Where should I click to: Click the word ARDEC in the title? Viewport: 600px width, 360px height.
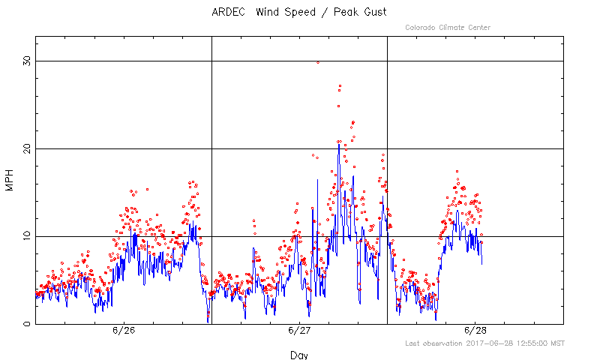click(x=229, y=12)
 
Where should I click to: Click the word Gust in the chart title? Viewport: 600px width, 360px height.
click(x=376, y=12)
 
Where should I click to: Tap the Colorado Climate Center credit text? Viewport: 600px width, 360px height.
click(x=448, y=28)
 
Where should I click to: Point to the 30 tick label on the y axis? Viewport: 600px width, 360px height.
click(x=27, y=61)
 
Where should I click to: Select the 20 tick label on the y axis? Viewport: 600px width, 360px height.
click(x=27, y=148)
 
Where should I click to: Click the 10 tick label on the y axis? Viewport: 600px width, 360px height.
click(x=27, y=236)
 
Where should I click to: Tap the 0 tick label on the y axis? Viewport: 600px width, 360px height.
click(x=27, y=324)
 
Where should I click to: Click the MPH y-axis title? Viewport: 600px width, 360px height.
click(x=9, y=180)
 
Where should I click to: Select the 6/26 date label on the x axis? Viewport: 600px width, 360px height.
click(x=124, y=331)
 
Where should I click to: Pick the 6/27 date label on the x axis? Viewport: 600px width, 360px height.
click(x=299, y=331)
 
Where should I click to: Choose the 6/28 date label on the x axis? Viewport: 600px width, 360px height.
click(x=475, y=331)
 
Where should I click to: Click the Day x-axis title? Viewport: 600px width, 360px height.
click(x=299, y=355)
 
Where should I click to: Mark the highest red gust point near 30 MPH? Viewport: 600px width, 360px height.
click(x=318, y=62)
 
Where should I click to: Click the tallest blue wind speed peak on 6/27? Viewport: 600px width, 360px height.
click(x=339, y=145)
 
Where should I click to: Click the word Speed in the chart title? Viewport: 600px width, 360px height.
click(x=300, y=12)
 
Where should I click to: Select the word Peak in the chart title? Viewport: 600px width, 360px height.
click(x=346, y=12)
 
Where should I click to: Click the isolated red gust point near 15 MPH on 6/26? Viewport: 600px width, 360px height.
click(x=147, y=189)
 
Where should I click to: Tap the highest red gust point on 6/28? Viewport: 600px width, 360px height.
click(x=457, y=172)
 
